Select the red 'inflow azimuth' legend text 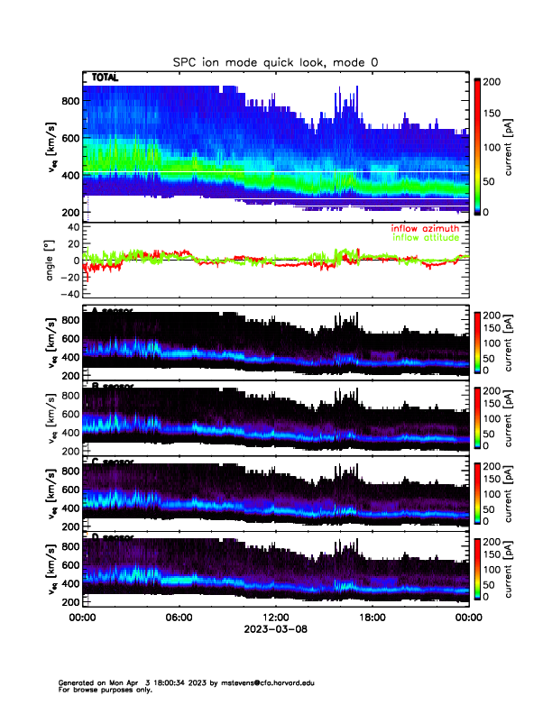click(424, 228)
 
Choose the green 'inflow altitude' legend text click(425, 238)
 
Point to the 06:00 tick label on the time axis click(178, 618)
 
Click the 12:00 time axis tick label click(274, 618)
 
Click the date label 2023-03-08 click(274, 629)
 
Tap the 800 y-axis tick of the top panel click(69, 101)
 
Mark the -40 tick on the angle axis click(67, 294)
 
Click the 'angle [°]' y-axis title click(51, 260)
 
